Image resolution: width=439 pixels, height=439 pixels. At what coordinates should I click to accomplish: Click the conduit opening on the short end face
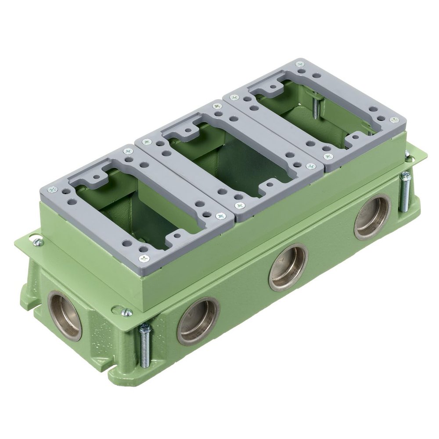pos(65,315)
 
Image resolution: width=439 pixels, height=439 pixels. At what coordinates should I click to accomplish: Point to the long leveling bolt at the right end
pos(405,192)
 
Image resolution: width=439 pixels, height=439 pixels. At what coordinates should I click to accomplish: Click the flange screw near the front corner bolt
pos(126,312)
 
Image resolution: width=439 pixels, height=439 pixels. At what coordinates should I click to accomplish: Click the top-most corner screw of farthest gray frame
pos(300,64)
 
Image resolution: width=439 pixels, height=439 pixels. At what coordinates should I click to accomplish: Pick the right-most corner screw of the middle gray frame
pos(311,166)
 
